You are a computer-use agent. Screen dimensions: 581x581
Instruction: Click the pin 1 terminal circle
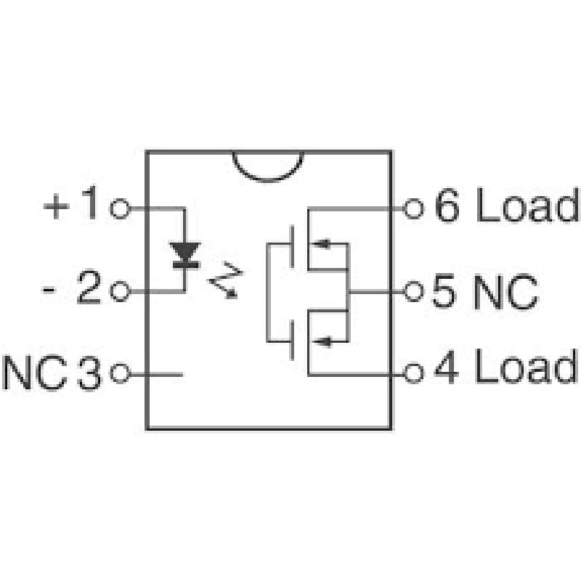coord(120,208)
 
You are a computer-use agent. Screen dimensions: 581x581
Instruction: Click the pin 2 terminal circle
coord(121,291)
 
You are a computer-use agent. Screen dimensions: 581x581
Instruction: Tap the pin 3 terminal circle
coord(120,373)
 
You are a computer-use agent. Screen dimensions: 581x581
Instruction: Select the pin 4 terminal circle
coord(413,373)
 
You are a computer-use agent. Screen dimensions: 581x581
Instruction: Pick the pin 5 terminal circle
coord(413,291)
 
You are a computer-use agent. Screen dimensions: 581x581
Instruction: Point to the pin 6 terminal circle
coord(413,208)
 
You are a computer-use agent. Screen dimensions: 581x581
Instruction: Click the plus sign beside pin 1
coord(57,206)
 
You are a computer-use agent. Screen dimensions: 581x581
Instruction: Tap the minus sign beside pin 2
coord(49,289)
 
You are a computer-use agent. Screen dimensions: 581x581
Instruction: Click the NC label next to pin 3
coord(35,373)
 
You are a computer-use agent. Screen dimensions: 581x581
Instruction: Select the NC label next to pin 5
coord(505,292)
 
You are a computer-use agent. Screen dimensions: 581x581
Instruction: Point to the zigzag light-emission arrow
coord(226,280)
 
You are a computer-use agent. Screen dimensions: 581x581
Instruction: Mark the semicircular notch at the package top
coord(268,166)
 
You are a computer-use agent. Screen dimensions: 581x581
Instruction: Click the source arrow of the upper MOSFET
coord(321,244)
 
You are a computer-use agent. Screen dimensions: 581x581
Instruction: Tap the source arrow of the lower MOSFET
coord(322,341)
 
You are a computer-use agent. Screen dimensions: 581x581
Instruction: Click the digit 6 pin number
coord(447,205)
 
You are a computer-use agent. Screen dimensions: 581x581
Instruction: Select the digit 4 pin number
coord(447,366)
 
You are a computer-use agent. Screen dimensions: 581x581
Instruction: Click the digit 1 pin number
coord(90,203)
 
